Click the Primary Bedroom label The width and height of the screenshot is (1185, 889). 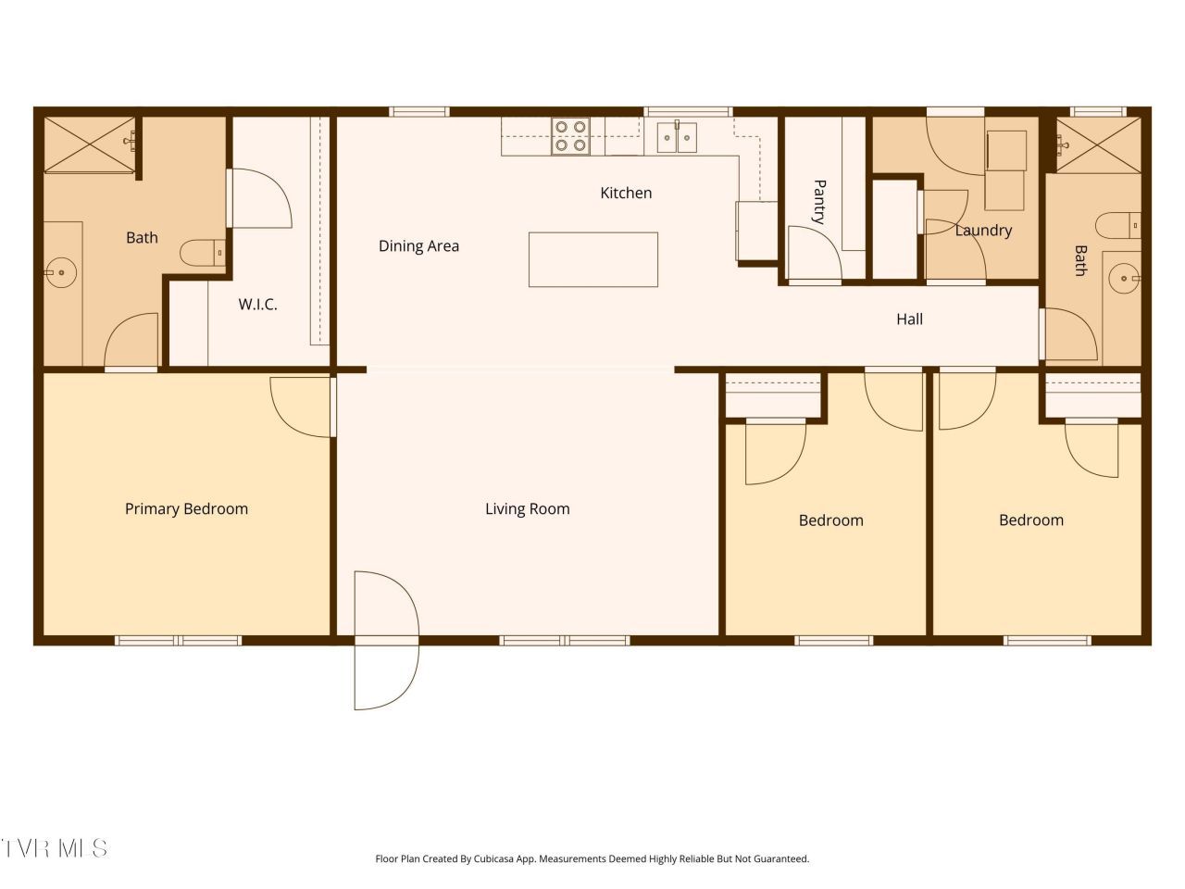[x=186, y=509]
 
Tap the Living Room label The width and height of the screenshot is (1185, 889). [x=528, y=509]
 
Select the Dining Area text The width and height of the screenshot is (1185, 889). [x=418, y=246]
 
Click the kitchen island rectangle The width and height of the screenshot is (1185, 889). [x=592, y=259]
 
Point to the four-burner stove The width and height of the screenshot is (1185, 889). [x=570, y=136]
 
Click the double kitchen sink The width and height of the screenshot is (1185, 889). [x=677, y=137]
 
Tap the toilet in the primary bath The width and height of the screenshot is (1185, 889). [x=203, y=253]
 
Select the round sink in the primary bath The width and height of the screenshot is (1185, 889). [x=60, y=272]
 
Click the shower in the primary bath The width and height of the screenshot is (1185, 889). [x=89, y=144]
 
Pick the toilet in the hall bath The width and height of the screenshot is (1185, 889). [x=1118, y=226]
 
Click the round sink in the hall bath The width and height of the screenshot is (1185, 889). [x=1125, y=279]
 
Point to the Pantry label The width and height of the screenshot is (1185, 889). [x=819, y=202]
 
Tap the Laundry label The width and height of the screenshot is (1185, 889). [x=983, y=231]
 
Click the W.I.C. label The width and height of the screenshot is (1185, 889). [x=257, y=305]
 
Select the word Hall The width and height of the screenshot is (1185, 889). [x=909, y=319]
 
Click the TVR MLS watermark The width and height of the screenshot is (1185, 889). [x=54, y=849]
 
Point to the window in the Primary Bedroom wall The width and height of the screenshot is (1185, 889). [x=179, y=641]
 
